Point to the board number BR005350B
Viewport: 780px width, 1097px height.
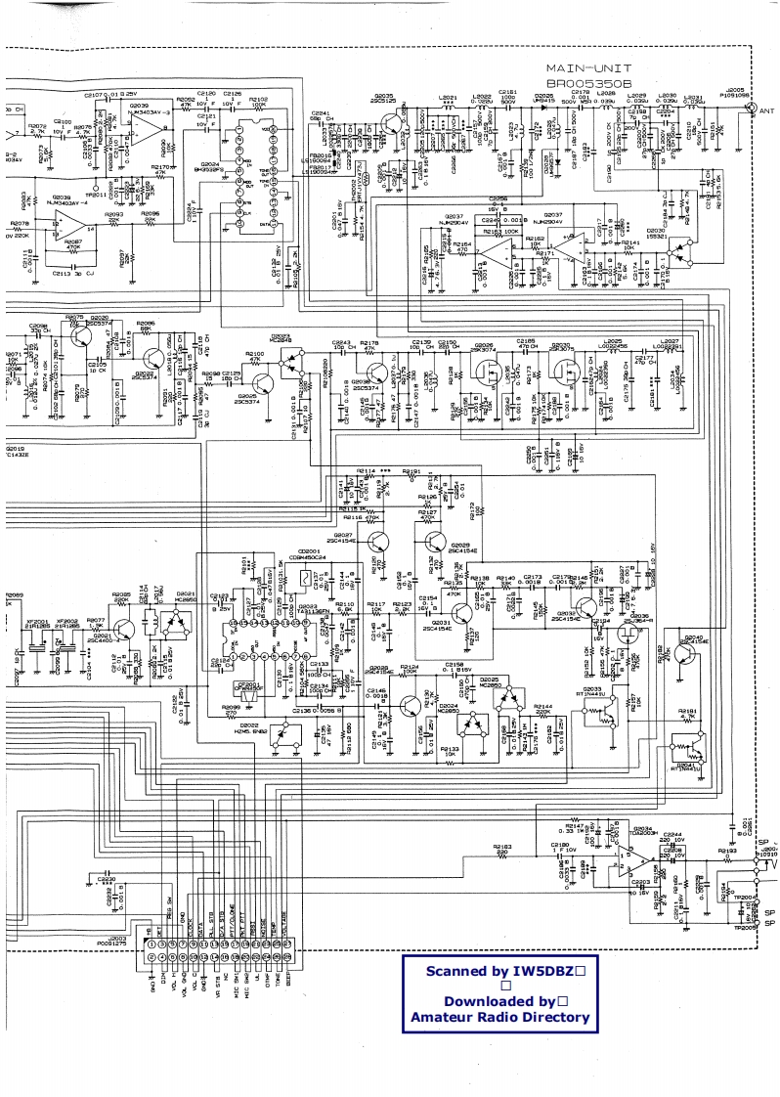(x=587, y=85)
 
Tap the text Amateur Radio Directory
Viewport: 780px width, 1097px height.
(x=499, y=1018)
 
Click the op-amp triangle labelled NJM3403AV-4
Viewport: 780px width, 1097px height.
(x=67, y=224)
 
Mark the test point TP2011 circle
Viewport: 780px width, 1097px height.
(x=94, y=187)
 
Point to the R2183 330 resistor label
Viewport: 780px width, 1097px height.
(x=501, y=849)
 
